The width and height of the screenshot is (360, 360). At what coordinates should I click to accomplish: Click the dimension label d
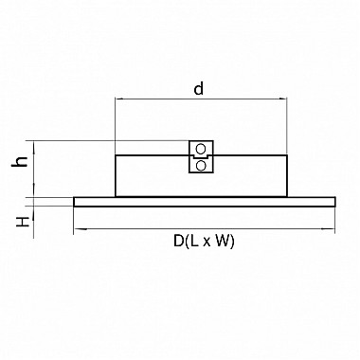[x=198, y=89]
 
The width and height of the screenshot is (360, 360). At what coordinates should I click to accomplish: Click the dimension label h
[x=20, y=161]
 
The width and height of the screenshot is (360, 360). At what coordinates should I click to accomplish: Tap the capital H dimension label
[x=23, y=222]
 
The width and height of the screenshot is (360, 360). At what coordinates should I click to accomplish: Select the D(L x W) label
[x=204, y=242]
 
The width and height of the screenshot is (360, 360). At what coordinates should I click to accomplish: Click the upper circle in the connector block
[x=201, y=148]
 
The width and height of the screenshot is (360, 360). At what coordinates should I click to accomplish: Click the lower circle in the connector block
[x=201, y=165]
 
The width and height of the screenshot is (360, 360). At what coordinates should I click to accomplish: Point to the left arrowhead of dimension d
[x=119, y=99]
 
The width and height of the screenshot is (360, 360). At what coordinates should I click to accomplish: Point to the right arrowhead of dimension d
[x=283, y=99]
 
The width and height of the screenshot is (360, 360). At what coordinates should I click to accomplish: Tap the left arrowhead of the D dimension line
[x=78, y=228]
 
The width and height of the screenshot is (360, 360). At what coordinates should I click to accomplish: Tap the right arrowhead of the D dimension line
[x=331, y=228]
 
